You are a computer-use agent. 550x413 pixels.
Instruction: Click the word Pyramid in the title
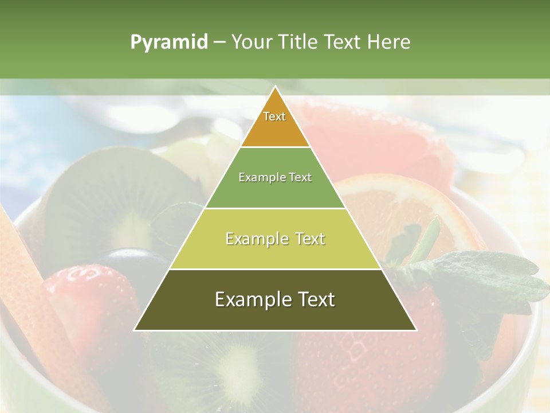click(x=168, y=42)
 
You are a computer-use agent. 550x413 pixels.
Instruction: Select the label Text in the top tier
click(x=274, y=116)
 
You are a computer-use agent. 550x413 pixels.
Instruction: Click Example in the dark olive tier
click(x=253, y=299)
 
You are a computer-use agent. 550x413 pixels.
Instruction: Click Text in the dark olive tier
click(x=315, y=299)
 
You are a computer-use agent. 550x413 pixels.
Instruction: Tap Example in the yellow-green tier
click(x=256, y=239)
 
